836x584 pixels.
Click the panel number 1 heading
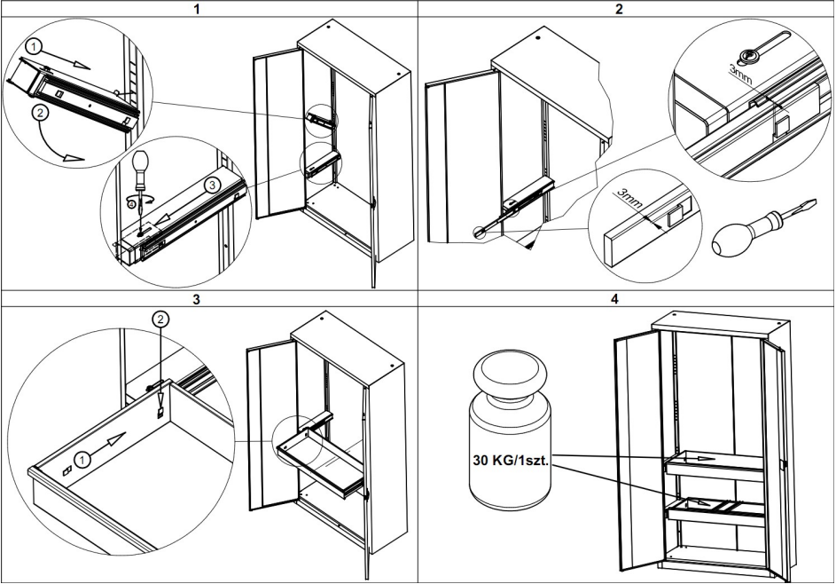209,8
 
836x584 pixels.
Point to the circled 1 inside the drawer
82,459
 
